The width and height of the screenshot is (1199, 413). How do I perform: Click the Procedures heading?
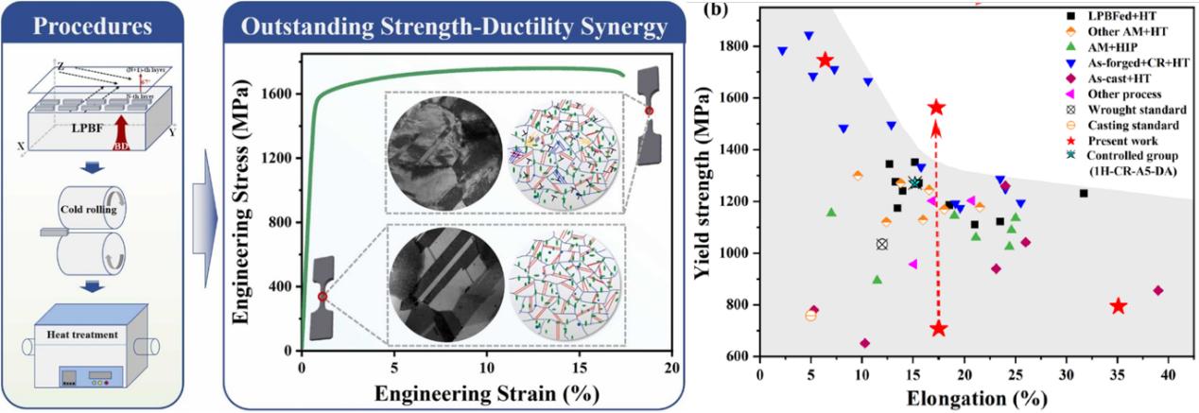point(96,26)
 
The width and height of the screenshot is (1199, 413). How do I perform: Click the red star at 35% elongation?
point(1118,306)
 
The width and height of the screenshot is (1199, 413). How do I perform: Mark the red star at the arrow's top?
point(936,108)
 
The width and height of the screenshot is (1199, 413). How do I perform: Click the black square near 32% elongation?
point(1084,194)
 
